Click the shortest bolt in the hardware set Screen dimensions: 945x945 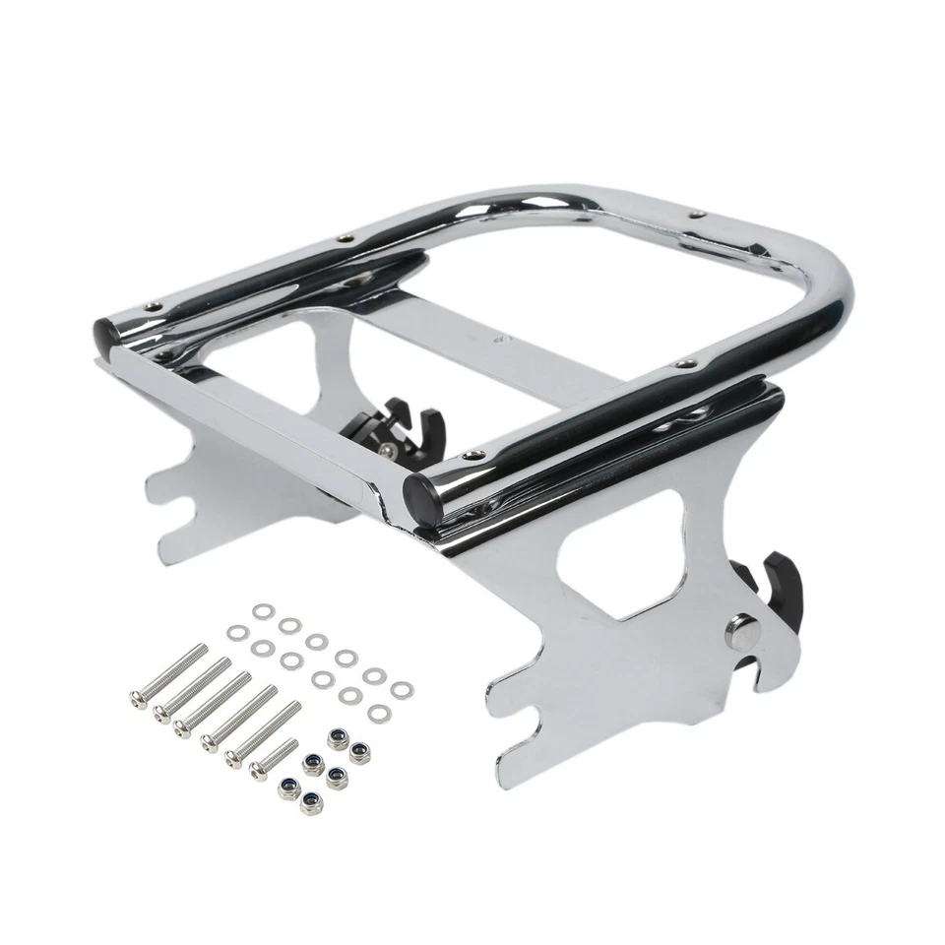273,756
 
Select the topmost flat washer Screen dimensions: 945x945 261,612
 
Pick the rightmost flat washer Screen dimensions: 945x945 400,689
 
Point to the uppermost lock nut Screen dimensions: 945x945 337,738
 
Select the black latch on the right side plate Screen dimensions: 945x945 779,590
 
